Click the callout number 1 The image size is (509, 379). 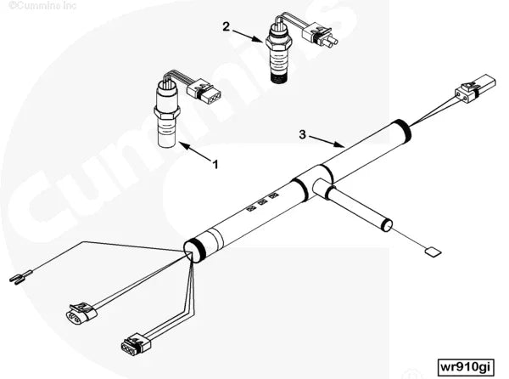(215, 164)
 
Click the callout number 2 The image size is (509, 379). (226, 26)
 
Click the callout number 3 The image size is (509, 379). (302, 133)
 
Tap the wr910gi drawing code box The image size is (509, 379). (465, 366)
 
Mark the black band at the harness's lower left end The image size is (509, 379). (194, 249)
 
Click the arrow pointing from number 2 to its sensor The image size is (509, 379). (249, 36)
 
